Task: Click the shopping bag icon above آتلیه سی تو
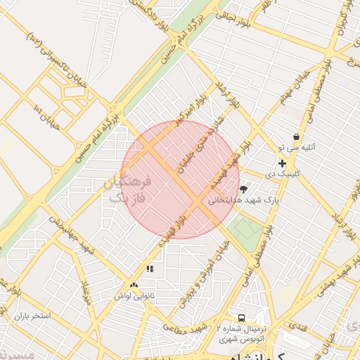coord(296,136)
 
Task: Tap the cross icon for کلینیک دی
coord(283,163)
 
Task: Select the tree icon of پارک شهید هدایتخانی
coord(243,188)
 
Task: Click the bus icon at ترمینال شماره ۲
coord(242,319)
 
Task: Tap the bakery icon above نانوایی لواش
coord(134,285)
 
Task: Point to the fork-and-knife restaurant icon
coord(149,269)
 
